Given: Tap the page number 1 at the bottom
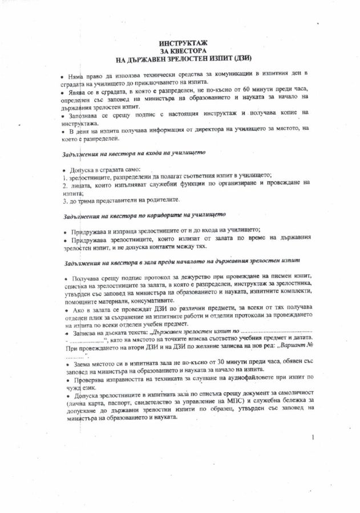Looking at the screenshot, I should click(314, 438).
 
